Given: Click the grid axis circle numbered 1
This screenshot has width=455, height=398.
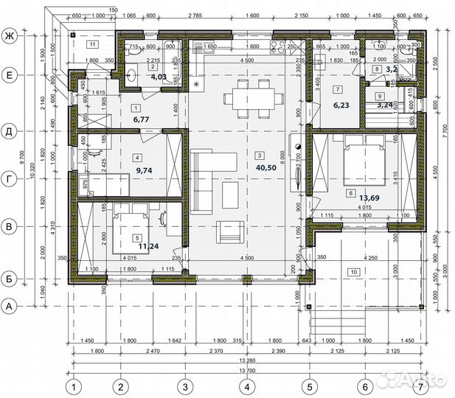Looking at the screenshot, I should [x=73, y=385].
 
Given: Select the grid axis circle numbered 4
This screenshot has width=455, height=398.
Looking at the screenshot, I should [x=248, y=385].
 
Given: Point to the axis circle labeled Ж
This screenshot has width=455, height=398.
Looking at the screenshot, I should [x=10, y=35].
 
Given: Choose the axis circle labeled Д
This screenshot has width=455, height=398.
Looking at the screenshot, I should [x=10, y=132].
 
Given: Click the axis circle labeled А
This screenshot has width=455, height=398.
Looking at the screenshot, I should [x=10, y=304].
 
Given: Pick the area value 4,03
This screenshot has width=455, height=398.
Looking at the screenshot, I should [x=159, y=76].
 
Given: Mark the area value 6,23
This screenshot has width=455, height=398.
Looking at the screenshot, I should [x=340, y=105].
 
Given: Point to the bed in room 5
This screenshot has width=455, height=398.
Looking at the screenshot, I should [x=131, y=230].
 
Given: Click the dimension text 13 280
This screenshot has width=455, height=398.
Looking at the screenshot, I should [x=247, y=360].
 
